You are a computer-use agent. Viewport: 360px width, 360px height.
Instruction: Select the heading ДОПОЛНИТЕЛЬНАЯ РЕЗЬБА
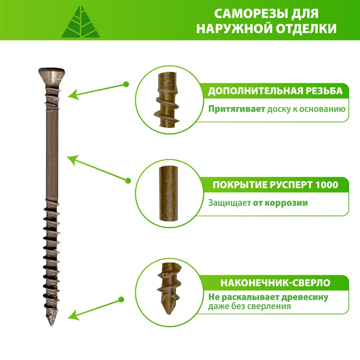(x=275, y=91)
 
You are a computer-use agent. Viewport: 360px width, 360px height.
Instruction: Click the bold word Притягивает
(x=237, y=109)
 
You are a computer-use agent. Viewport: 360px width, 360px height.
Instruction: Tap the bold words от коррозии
(x=280, y=203)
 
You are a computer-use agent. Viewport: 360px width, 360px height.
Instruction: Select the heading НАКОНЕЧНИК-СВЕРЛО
(x=275, y=283)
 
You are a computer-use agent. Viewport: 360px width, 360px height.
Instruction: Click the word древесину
(x=305, y=297)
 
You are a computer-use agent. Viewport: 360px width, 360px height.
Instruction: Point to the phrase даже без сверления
(x=249, y=306)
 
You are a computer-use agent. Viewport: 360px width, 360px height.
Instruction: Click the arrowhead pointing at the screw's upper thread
(x=73, y=94)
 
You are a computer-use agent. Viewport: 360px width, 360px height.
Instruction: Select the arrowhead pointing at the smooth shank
(x=73, y=160)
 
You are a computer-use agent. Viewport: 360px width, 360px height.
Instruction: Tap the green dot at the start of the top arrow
(x=126, y=84)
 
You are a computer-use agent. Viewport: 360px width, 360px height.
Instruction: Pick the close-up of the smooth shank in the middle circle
(x=169, y=194)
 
